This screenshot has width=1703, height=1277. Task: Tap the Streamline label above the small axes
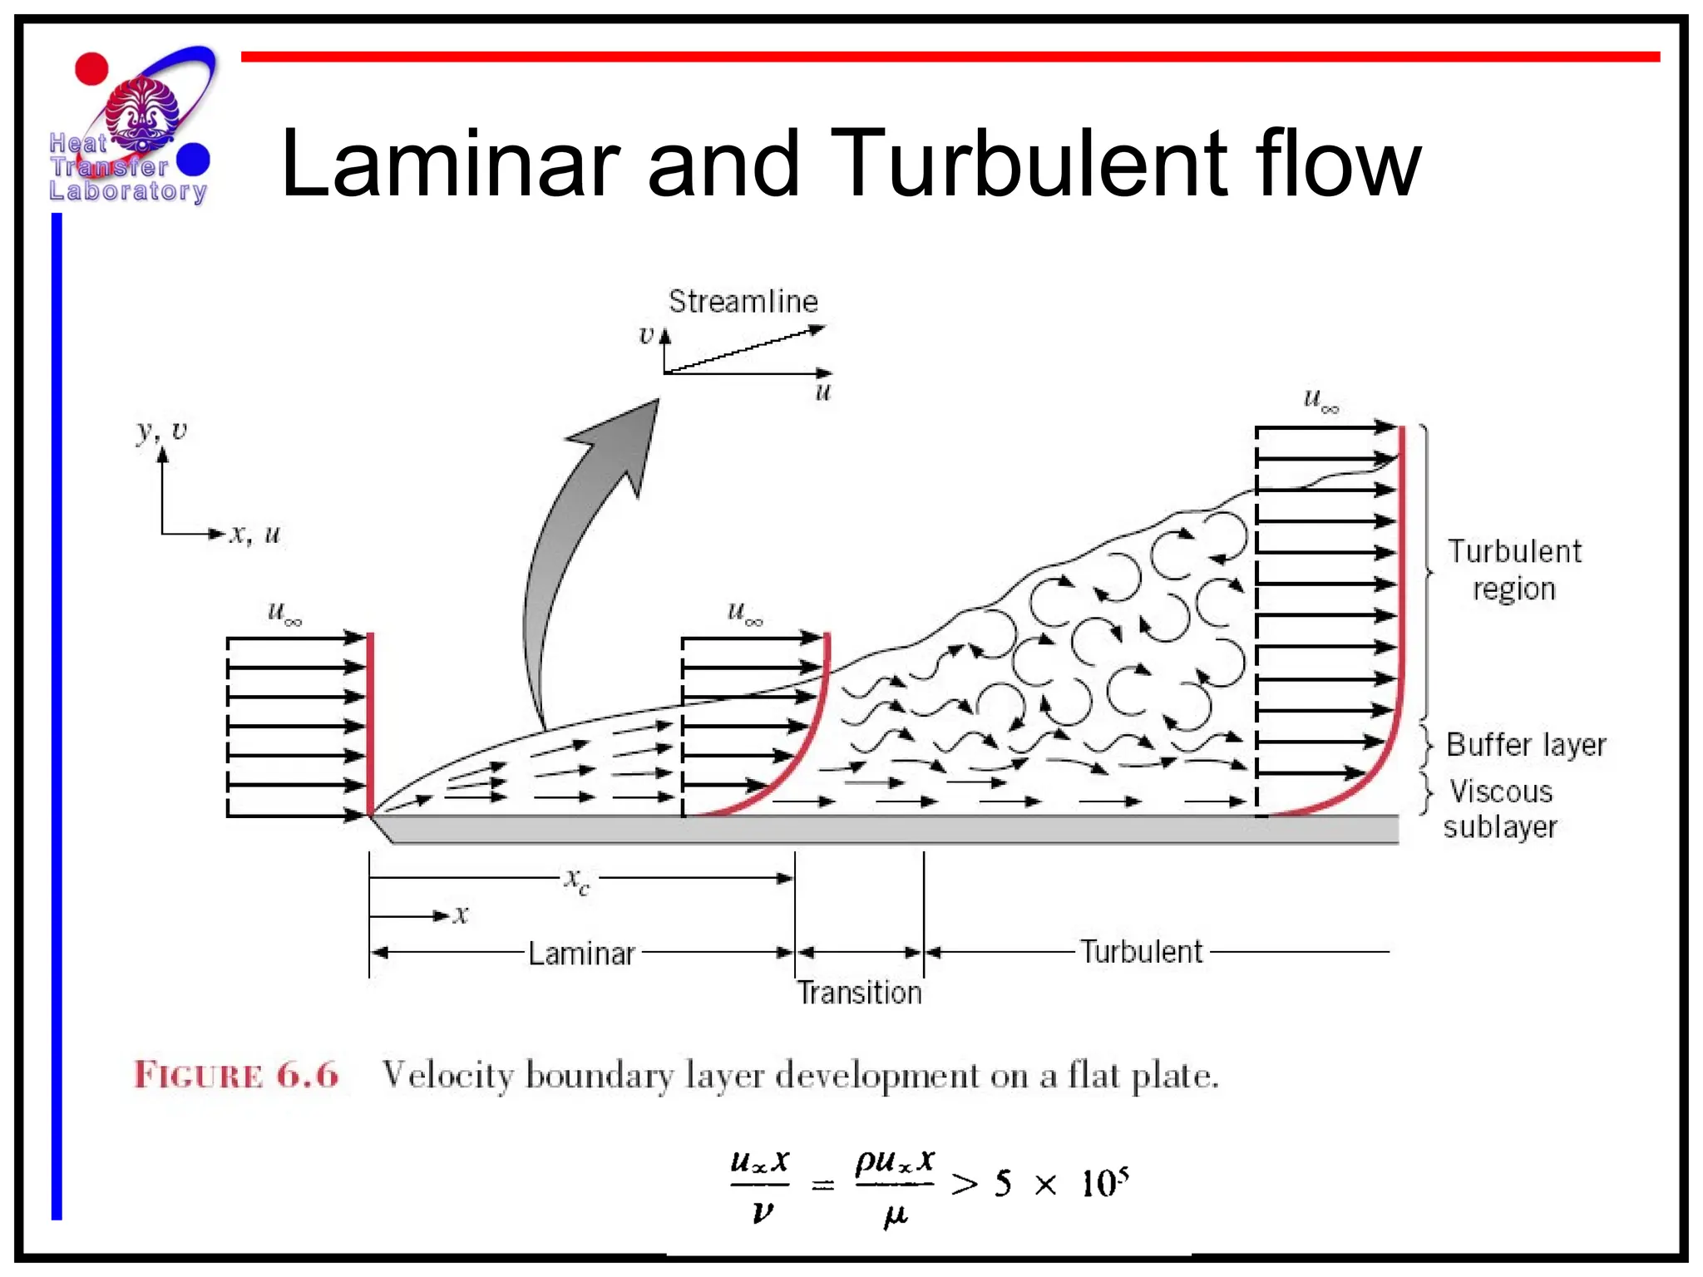(x=743, y=302)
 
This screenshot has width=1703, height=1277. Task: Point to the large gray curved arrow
(x=565, y=565)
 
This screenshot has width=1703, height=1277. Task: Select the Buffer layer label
(x=1525, y=745)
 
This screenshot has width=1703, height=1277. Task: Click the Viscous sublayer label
(x=1500, y=809)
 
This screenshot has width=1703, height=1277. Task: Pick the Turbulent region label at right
(x=1513, y=569)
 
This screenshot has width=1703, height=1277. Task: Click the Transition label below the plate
(x=860, y=993)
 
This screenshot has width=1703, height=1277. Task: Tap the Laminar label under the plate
(x=581, y=954)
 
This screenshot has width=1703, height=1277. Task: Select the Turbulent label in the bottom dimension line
(x=1141, y=952)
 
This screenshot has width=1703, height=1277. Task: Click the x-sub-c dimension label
(x=577, y=880)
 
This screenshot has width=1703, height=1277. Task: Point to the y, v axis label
(x=161, y=431)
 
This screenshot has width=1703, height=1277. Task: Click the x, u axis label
(x=254, y=535)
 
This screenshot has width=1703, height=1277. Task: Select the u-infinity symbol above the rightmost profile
(x=1320, y=401)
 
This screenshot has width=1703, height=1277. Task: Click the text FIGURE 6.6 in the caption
(x=237, y=1075)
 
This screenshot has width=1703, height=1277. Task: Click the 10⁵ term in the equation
(x=1104, y=1182)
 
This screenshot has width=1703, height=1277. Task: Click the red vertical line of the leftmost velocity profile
(x=370, y=723)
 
